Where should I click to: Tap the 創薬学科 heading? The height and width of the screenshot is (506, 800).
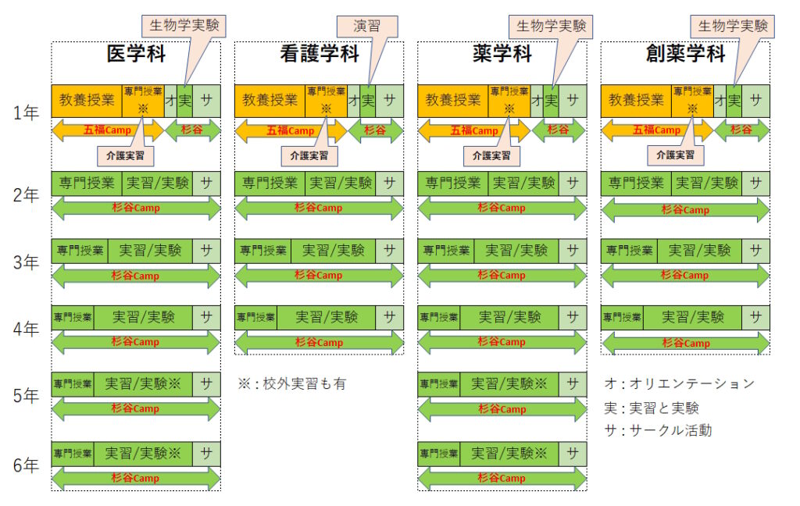(x=685, y=54)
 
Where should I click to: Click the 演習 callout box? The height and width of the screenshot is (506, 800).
(x=366, y=26)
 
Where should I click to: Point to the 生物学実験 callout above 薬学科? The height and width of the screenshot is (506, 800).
(x=550, y=26)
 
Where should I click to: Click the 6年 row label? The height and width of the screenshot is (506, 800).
(x=26, y=466)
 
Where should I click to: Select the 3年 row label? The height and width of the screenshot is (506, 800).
(x=26, y=262)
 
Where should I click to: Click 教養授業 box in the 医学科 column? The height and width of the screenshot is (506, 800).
(x=87, y=100)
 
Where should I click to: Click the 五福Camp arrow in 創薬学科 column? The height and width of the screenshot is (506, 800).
(x=656, y=130)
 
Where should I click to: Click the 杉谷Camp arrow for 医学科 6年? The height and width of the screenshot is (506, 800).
(x=136, y=478)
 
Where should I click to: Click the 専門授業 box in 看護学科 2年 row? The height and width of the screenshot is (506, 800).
(x=270, y=184)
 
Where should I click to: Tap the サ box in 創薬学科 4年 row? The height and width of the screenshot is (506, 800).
(x=755, y=317)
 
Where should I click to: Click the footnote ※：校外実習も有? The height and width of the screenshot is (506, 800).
(x=292, y=383)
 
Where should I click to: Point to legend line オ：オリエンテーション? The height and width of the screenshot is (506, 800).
(x=680, y=383)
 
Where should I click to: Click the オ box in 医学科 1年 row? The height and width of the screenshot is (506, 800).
(x=170, y=100)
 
